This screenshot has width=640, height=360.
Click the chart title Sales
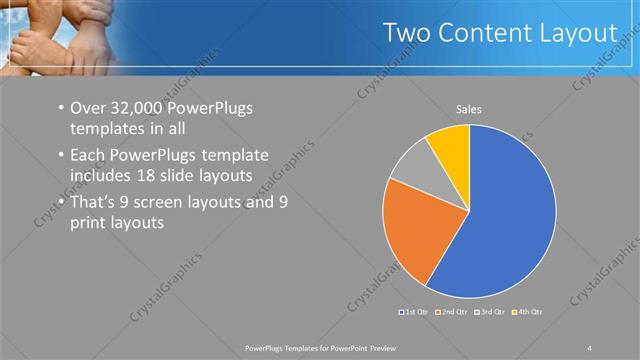(x=469, y=108)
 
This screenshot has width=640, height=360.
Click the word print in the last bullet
(x=88, y=224)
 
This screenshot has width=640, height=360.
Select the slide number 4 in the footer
(x=590, y=347)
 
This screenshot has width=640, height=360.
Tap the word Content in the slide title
(x=485, y=33)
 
